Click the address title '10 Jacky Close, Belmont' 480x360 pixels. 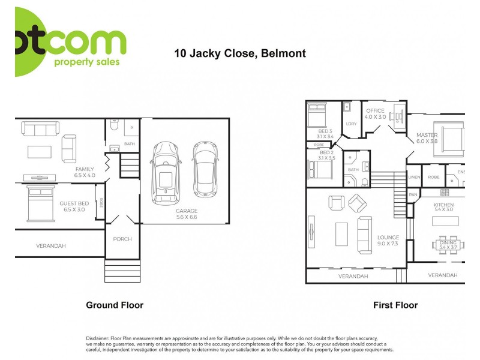(x=240, y=53)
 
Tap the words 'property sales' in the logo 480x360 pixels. (x=87, y=62)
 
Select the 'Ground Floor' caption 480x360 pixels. (x=115, y=305)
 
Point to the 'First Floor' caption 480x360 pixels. (x=395, y=305)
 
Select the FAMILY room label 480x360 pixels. (x=85, y=169)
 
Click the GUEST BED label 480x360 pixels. (x=74, y=203)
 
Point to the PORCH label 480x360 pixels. (x=122, y=239)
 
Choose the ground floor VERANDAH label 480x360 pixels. (x=51, y=245)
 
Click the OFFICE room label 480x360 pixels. (x=376, y=111)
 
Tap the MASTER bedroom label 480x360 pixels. (x=427, y=136)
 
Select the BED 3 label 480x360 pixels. (x=325, y=131)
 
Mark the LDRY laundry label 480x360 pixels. (x=351, y=124)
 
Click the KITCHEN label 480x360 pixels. (x=444, y=205)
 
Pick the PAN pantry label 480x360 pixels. (x=413, y=195)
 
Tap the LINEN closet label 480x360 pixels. (x=414, y=178)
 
